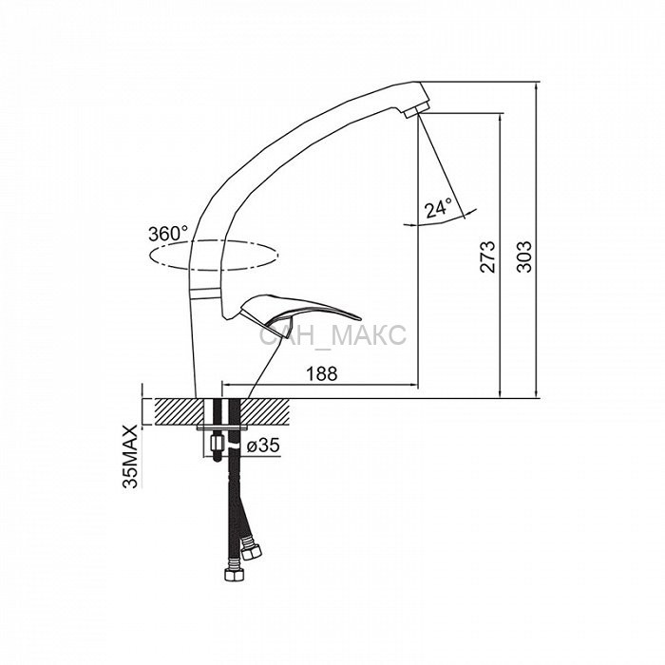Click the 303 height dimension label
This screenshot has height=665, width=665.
click(524, 256)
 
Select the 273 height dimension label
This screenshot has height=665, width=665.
click(487, 256)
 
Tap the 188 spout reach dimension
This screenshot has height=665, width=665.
click(322, 373)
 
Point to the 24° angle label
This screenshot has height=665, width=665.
click(439, 208)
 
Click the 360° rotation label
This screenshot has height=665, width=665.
click(168, 234)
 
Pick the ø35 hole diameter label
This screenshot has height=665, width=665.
click(263, 446)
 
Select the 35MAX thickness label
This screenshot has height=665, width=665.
click(131, 456)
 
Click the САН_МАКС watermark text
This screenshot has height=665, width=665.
click(332, 335)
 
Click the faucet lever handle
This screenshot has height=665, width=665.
click(296, 314)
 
